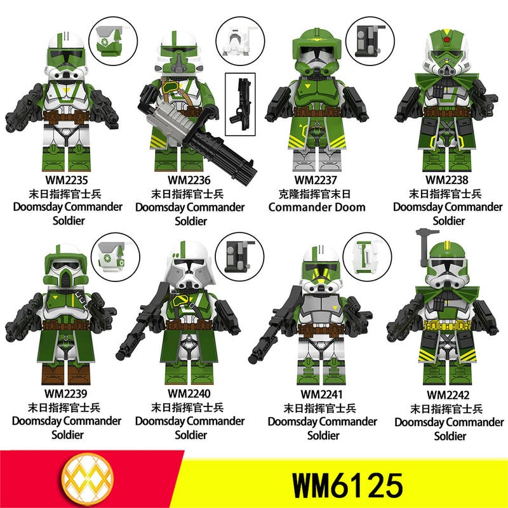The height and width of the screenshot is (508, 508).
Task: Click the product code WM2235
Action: tap(67, 180)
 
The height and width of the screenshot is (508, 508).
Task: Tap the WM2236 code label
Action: tap(189, 180)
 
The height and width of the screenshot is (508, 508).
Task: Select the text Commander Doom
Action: tap(317, 207)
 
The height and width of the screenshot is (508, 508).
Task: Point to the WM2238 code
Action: tap(447, 180)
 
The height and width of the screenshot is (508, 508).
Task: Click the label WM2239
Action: tap(66, 393)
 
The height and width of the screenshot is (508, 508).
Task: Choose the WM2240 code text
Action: tap(189, 393)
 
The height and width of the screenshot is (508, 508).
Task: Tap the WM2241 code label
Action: tap(321, 394)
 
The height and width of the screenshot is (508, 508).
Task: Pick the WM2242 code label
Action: tap(448, 394)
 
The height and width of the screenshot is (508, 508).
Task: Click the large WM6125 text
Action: tap(347, 485)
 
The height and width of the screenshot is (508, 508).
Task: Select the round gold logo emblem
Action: tap(88, 479)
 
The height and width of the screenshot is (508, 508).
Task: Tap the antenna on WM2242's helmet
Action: tap(425, 246)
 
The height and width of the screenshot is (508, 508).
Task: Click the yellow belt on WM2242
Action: tap(447, 325)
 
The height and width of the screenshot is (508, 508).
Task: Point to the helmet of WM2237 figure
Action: tap(316, 52)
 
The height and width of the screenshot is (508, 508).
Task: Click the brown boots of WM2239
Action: tap(66, 373)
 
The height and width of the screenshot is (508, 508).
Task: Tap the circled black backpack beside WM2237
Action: tap(369, 41)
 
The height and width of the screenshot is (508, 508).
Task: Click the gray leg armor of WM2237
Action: tap(316, 159)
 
